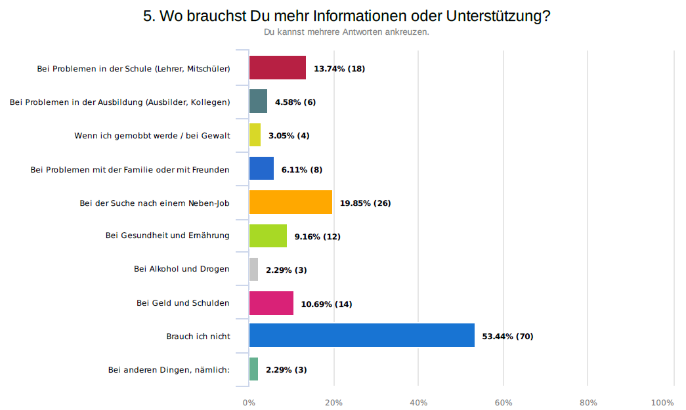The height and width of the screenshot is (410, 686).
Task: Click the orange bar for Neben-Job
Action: click(291, 202)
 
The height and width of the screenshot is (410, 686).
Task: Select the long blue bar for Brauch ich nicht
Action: click(362, 335)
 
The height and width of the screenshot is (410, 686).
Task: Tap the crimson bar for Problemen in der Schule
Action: click(278, 68)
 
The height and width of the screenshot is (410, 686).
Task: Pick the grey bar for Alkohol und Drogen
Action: click(253, 270)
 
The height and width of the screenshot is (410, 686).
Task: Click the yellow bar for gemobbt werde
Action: click(255, 135)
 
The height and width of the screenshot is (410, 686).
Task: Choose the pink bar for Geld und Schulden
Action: click(271, 303)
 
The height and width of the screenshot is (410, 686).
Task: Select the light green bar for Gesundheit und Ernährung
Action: click(268, 236)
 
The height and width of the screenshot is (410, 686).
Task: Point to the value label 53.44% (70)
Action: click(507, 337)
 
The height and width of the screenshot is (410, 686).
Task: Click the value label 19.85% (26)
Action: click(365, 203)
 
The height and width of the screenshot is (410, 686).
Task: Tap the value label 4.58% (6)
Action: click(295, 102)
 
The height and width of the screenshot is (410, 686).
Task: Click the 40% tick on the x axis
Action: click(418, 402)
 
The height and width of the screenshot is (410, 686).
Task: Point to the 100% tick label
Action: click(662, 402)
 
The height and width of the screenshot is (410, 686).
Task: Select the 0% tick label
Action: click(249, 402)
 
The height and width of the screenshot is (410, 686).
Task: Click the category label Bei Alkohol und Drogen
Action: click(181, 269)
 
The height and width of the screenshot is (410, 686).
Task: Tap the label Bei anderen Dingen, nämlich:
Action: click(169, 370)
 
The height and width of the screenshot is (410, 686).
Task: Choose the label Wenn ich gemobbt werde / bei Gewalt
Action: click(152, 136)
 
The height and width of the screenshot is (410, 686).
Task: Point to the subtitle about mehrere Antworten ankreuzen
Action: click(346, 31)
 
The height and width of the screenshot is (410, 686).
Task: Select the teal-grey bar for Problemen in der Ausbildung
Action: click(258, 102)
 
